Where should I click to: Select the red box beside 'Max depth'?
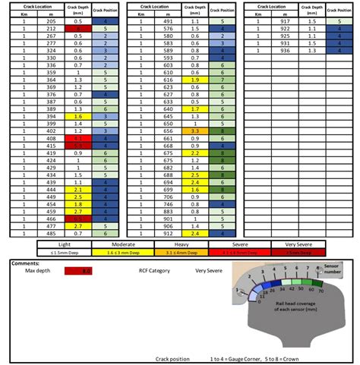[78, 270]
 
